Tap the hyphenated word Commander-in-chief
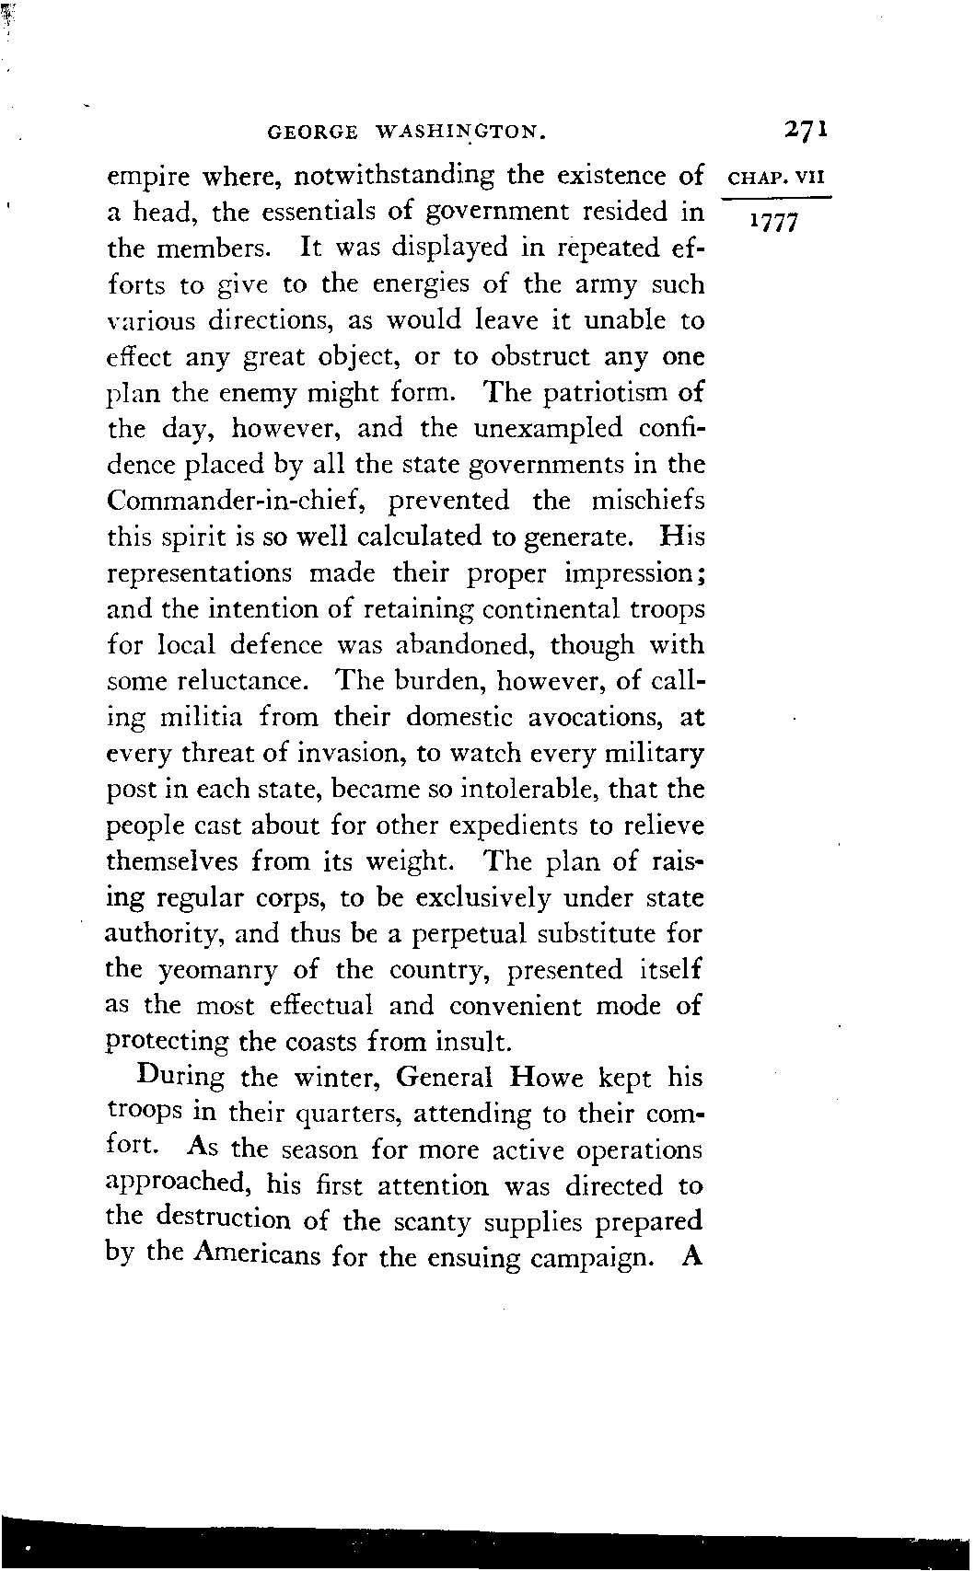(244, 502)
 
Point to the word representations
(200, 574)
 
